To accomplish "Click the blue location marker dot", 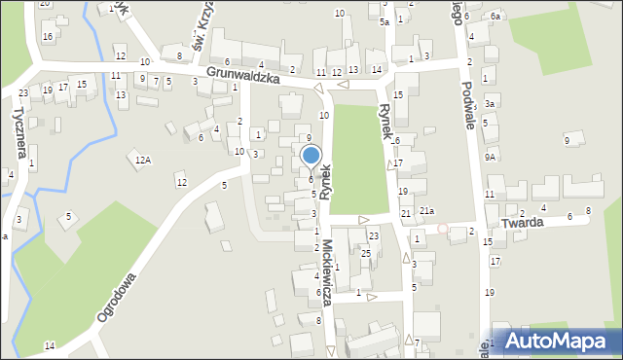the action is click(311, 155).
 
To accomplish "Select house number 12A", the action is click(143, 160).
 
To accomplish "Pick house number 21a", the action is click(426, 211).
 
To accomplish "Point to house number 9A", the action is click(491, 157).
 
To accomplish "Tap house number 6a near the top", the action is click(495, 17).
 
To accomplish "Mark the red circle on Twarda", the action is click(443, 229).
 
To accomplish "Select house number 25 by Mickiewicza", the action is click(366, 254).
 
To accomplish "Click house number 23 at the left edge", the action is click(22, 93).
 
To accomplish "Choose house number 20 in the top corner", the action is click(45, 4).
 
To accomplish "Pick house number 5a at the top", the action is click(385, 21).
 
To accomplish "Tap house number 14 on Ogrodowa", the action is click(50, 346).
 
